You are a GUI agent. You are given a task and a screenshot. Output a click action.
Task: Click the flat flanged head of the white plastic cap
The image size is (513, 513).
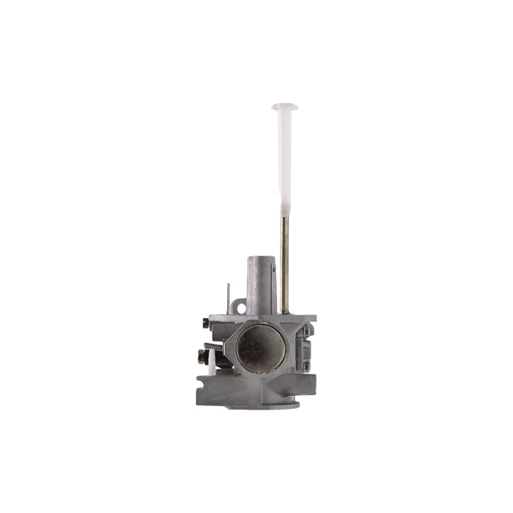click(x=285, y=107)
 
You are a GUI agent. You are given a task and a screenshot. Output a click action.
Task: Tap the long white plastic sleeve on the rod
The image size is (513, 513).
click(x=285, y=162)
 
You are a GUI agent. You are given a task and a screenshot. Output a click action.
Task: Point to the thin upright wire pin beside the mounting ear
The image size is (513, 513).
click(x=227, y=299)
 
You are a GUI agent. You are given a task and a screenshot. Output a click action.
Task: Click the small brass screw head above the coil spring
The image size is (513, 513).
click(x=206, y=322)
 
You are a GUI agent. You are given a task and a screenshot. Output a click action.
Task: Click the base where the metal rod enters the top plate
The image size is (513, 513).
click(x=286, y=314)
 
